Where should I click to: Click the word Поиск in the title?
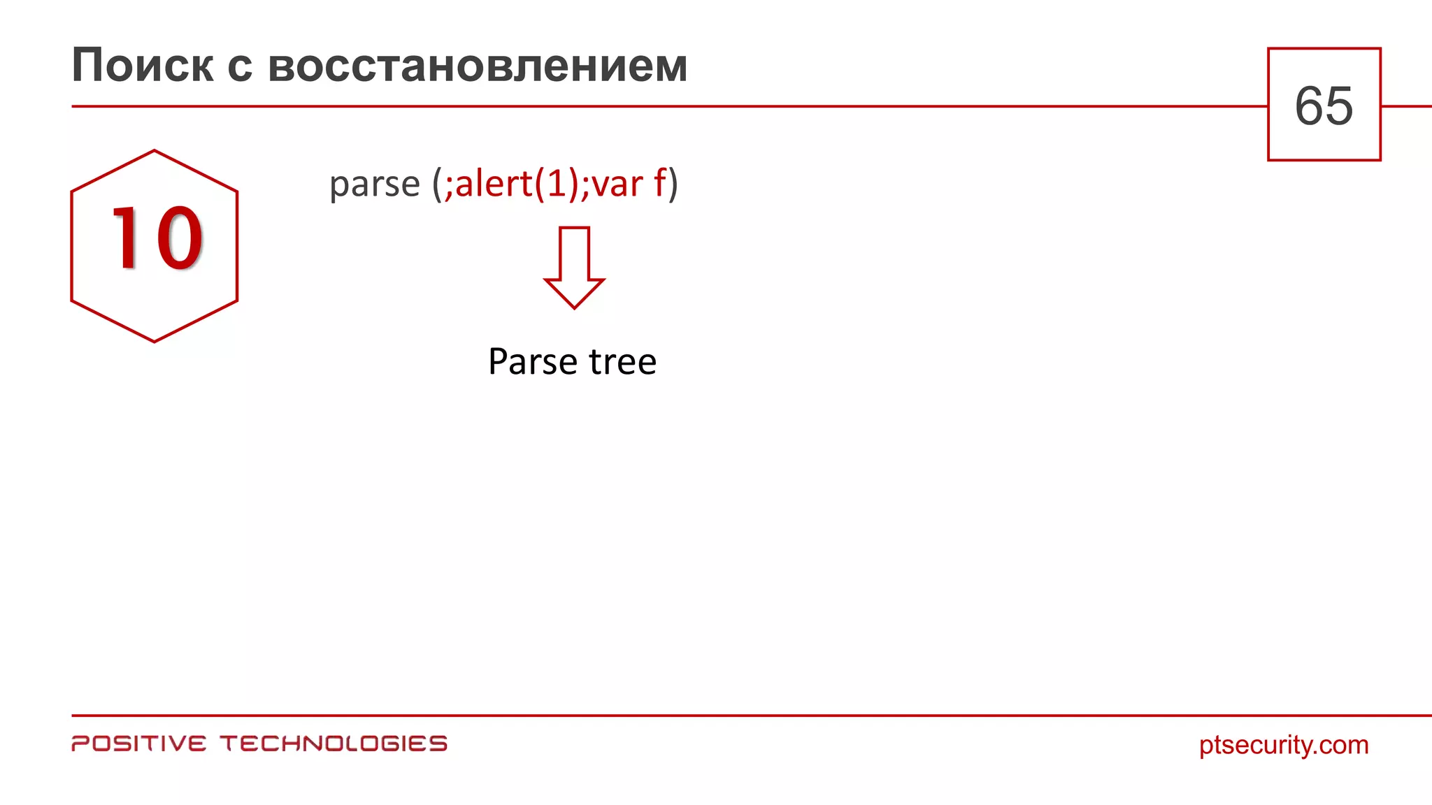(143, 66)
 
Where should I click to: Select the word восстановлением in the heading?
(478, 66)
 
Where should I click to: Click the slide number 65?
(1324, 106)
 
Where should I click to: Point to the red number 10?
(157, 238)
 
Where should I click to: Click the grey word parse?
(374, 184)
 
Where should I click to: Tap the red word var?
(617, 184)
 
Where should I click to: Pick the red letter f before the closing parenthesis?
(659, 183)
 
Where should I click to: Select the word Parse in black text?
(533, 362)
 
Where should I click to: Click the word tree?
(622, 362)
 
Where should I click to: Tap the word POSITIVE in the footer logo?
(139, 744)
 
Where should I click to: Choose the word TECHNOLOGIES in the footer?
(334, 744)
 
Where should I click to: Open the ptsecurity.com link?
(1284, 745)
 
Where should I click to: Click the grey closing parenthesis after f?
(673, 184)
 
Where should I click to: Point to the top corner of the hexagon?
(154, 150)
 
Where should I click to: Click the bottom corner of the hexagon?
(154, 342)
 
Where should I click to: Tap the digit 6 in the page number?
(1309, 106)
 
